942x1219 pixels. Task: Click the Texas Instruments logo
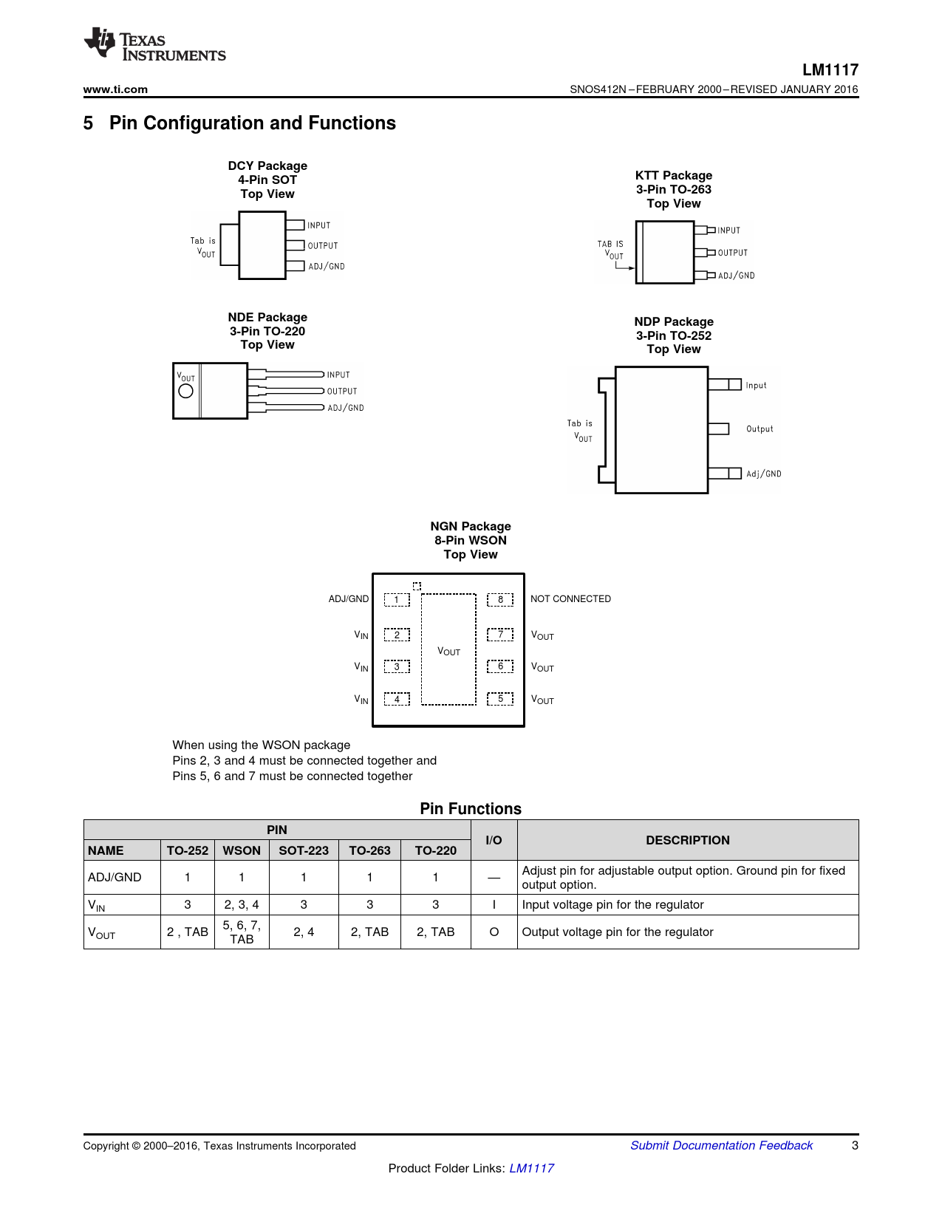154,45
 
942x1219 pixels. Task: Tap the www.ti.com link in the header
115,89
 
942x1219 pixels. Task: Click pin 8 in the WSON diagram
500,599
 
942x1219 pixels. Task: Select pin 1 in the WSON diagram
397,599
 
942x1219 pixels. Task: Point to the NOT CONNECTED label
570,599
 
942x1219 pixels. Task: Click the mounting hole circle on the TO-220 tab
185,391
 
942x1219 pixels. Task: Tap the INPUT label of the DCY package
319,225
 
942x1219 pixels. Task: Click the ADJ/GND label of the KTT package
737,276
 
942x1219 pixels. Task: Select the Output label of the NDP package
760,429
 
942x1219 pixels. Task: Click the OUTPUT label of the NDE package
342,392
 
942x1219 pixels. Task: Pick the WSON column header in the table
242,850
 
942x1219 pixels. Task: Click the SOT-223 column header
304,850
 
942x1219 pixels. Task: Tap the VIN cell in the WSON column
242,904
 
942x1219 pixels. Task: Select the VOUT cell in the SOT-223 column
304,932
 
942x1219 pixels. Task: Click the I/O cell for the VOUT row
494,932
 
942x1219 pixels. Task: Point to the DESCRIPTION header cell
687,840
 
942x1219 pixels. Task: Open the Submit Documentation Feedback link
721,1145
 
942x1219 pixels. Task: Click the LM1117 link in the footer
531,1168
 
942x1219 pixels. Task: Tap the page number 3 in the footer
855,1145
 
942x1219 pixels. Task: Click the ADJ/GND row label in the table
115,877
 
